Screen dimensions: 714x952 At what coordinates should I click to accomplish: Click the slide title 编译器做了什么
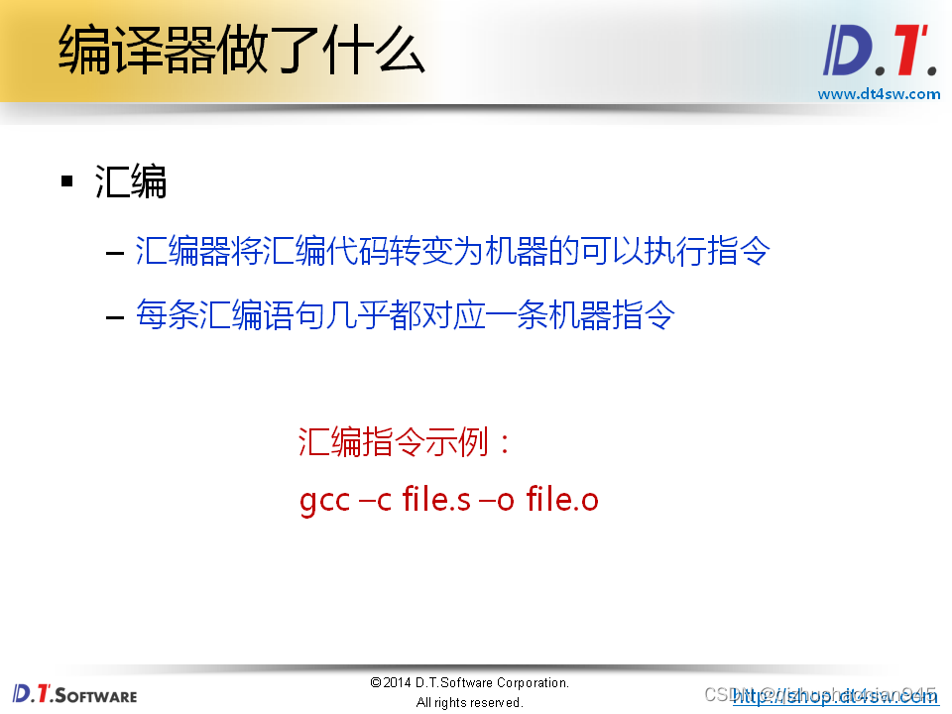coord(241,52)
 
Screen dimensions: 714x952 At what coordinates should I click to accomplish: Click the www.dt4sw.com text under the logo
coord(879,94)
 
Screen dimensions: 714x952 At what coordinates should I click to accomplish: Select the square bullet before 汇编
coord(67,181)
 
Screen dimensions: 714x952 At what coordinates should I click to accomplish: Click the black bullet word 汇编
coord(131,182)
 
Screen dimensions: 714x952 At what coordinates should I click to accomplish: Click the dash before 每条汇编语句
coord(114,316)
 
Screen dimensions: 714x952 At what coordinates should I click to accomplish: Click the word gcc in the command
coord(324,500)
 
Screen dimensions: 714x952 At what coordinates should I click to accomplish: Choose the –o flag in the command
coord(497,500)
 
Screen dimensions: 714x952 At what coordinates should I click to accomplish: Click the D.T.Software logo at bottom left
coord(75,693)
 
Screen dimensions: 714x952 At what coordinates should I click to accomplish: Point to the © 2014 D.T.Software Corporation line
coord(470,682)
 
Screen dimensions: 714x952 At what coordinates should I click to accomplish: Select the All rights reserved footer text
coord(470,702)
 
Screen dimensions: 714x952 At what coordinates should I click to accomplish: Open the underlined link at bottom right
coord(836,696)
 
